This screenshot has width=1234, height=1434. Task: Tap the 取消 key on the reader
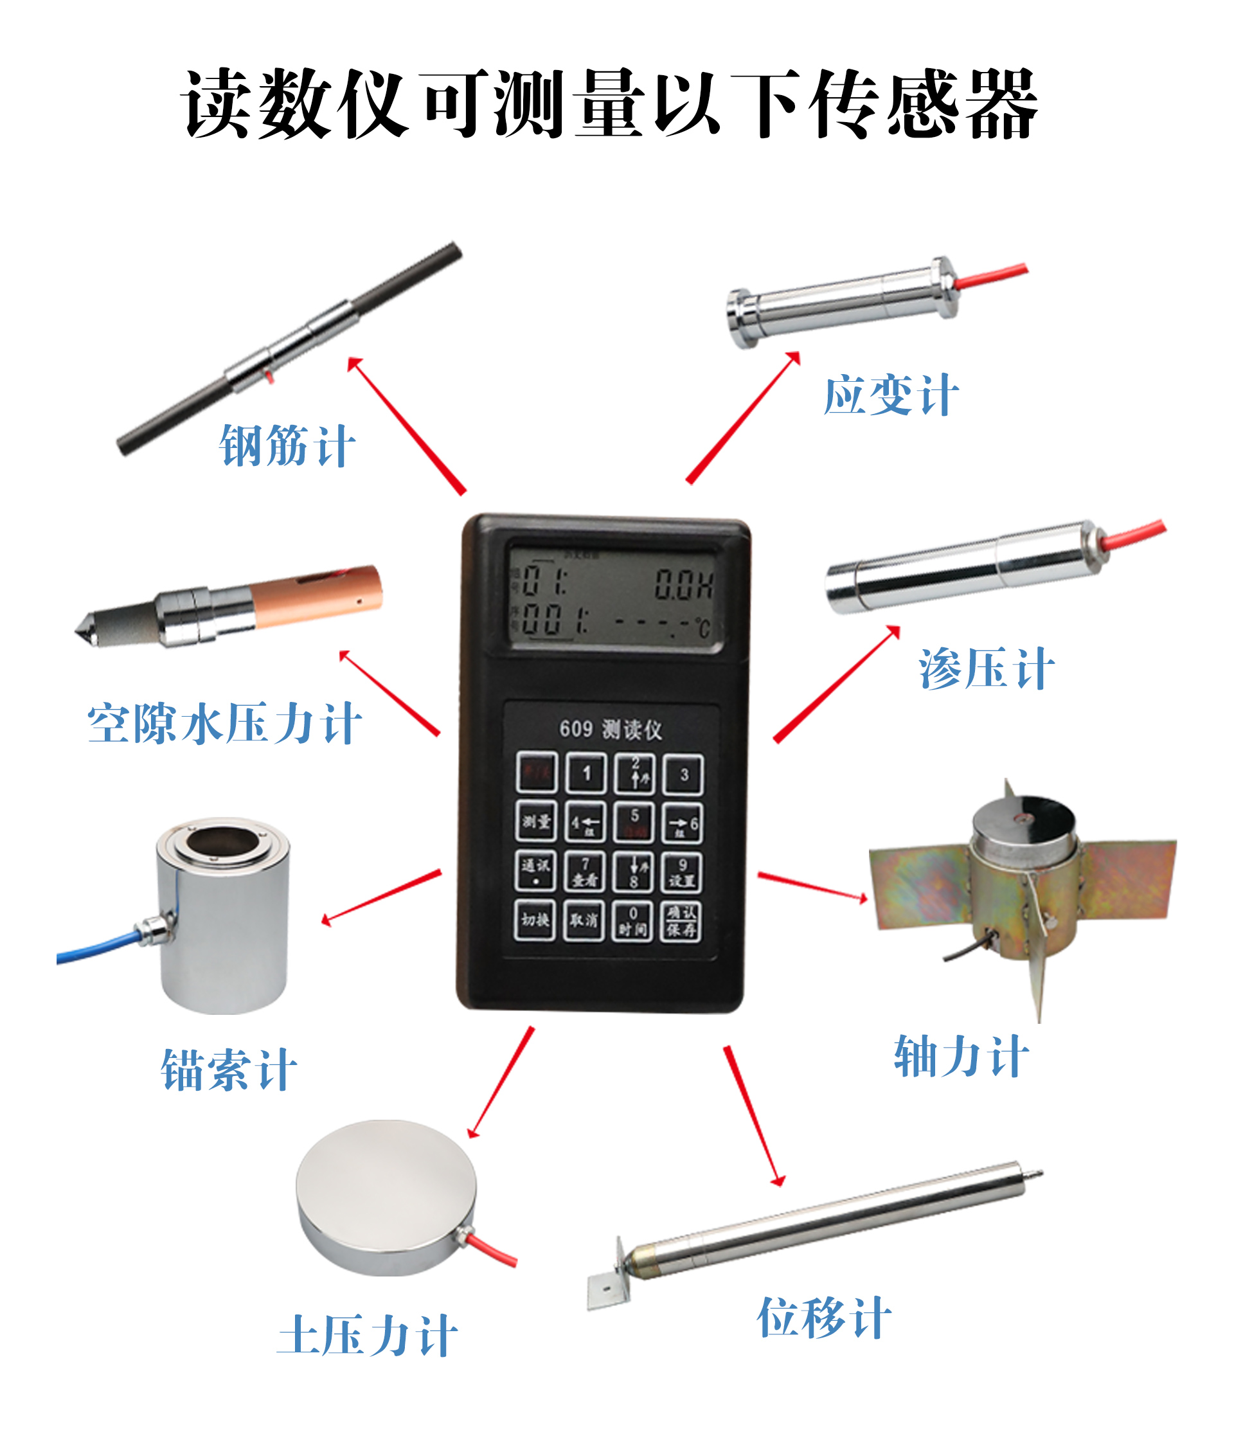584,920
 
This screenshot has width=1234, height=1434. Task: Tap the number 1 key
586,773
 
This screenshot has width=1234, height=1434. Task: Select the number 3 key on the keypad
683,775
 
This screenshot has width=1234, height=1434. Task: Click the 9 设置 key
682,872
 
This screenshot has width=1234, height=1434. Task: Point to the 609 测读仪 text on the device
611,729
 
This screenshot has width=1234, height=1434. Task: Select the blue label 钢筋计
287,445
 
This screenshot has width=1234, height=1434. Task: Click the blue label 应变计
891,395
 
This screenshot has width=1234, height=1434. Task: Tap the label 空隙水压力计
224,724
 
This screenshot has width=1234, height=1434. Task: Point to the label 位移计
823,1318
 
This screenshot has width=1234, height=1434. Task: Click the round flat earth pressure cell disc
386,1197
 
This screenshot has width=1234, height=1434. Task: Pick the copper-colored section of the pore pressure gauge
316,596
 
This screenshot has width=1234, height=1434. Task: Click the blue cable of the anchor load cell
97,947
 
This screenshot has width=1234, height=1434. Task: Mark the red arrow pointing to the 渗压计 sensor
836,685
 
